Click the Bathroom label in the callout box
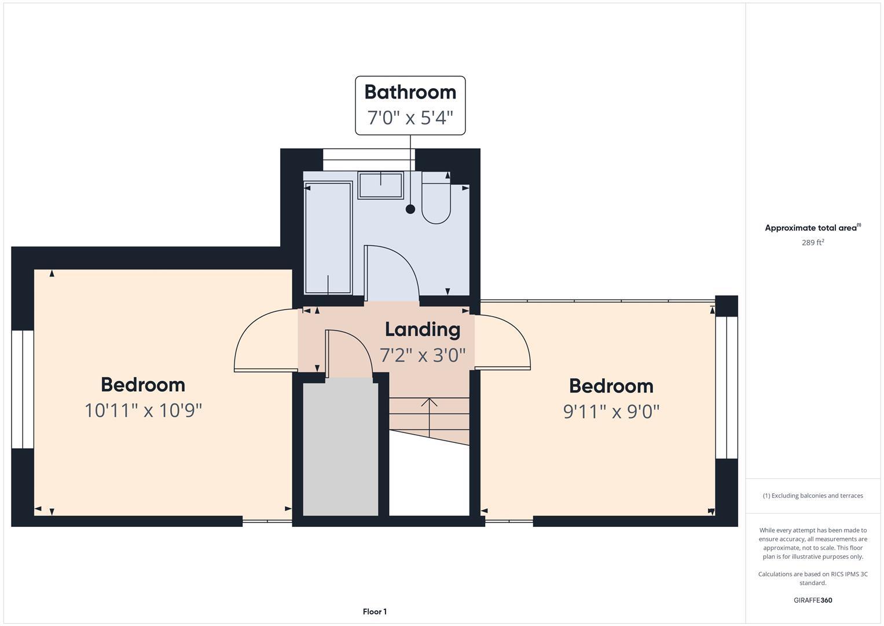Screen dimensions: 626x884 (x=410, y=92)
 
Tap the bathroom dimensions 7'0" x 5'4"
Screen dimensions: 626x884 (x=410, y=118)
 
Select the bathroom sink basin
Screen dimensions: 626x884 (x=380, y=185)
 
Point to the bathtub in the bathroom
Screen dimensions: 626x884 (x=328, y=238)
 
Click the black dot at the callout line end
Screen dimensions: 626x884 (x=410, y=209)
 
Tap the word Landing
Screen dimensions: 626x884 (x=423, y=329)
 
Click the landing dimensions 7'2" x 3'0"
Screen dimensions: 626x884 (x=423, y=355)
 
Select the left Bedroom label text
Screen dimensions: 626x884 (x=143, y=385)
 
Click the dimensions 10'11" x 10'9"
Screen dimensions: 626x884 (x=143, y=410)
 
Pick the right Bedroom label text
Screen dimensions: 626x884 (x=611, y=386)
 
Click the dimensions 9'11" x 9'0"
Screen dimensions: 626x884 (x=611, y=412)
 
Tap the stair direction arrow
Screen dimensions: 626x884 (x=429, y=417)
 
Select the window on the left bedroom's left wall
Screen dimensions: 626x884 (x=23, y=390)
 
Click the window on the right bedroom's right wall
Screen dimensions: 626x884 (x=727, y=387)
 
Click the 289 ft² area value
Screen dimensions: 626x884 (x=812, y=243)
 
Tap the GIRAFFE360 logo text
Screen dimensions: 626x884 (x=812, y=600)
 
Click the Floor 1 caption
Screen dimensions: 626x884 (x=375, y=612)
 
